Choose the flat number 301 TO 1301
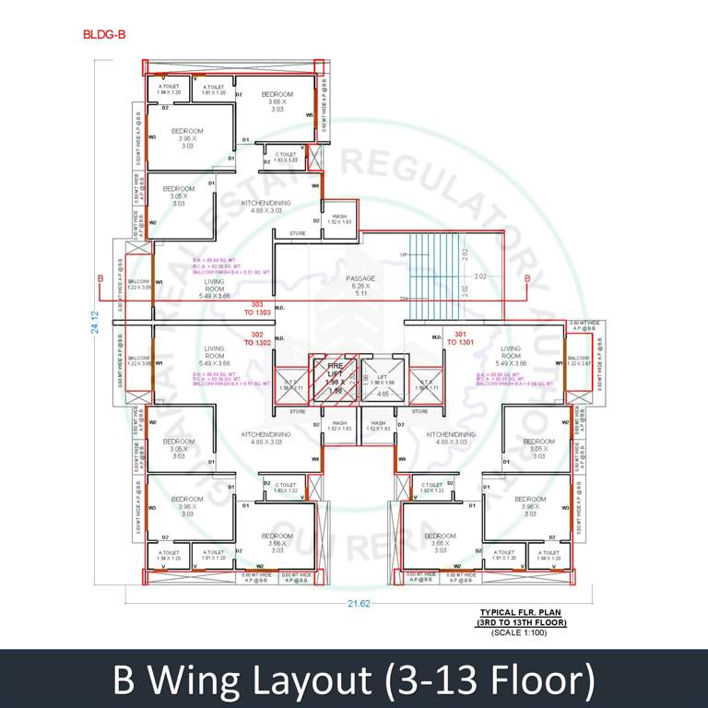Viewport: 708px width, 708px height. coord(460,338)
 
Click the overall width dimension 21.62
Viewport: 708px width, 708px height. coord(359,604)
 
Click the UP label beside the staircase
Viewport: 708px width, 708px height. coord(402,254)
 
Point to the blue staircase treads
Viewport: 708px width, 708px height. coord(433,277)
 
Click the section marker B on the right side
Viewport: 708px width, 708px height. coord(527,277)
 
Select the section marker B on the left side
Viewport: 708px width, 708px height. coord(100,277)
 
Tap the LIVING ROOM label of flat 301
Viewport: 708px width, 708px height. coord(510,356)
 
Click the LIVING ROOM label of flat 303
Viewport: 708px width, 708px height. coord(214,289)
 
